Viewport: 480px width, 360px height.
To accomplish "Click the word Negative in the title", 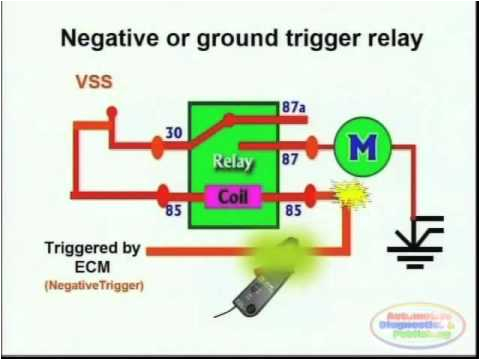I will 109,39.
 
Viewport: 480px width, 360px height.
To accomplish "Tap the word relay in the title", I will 386,39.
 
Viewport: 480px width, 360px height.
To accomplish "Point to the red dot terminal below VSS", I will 111,112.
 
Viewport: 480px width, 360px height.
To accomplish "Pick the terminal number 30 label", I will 171,130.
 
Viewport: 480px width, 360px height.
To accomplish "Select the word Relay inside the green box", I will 233,160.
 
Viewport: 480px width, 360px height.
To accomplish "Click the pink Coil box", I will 233,194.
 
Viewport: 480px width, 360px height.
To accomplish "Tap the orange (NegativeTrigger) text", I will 95,286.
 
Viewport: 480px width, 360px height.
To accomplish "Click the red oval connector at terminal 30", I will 158,147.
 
